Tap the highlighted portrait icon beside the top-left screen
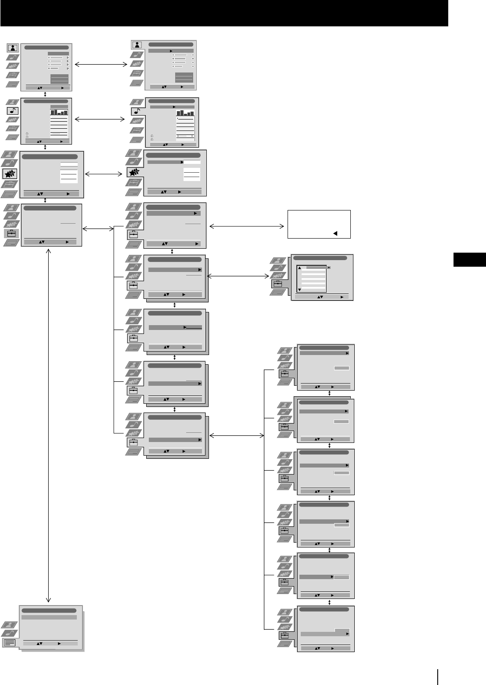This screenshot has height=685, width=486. tap(13, 48)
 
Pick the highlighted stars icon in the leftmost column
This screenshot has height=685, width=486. tap(10, 174)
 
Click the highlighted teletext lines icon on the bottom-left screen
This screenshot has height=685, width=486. tap(10, 642)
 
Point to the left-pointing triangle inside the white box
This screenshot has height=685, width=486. tap(335, 233)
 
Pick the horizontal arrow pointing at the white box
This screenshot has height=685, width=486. tap(247, 227)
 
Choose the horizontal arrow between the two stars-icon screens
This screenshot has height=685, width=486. tap(104, 174)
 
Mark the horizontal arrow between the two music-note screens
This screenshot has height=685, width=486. tap(101, 119)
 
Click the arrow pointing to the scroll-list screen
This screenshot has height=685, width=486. tap(238, 276)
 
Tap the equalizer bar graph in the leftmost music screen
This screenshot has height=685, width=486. tap(59, 112)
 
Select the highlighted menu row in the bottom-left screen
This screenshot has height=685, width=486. tap(49, 617)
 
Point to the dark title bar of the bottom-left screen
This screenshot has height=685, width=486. tap(49, 610)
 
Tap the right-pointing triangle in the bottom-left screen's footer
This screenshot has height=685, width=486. tap(59, 643)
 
